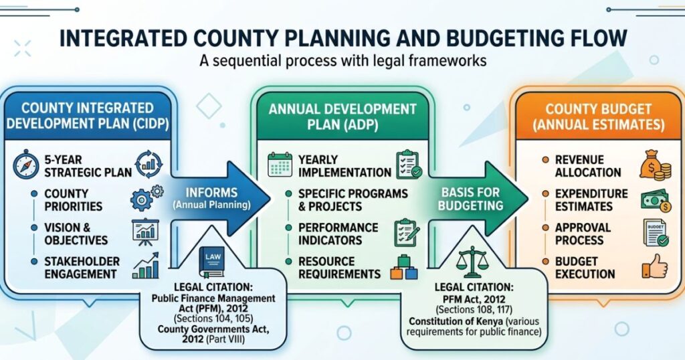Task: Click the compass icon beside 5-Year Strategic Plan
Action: pos(25,165)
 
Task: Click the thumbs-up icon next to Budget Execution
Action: pos(654,267)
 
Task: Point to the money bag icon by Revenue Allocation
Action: pos(652,165)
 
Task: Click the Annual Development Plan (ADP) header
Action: pos(342,116)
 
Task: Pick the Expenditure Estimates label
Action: pos(591,199)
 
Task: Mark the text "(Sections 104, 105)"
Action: pos(213,318)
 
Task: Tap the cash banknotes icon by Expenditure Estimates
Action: pos(654,199)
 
